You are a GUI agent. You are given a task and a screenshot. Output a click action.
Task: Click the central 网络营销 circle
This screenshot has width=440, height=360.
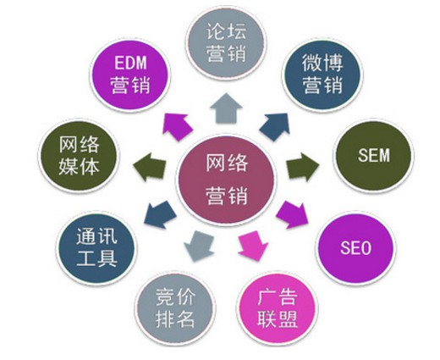click(226, 180)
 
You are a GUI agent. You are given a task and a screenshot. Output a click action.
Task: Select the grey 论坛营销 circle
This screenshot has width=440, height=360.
click(226, 44)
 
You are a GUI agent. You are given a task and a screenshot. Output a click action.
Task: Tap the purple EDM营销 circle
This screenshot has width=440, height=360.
click(130, 75)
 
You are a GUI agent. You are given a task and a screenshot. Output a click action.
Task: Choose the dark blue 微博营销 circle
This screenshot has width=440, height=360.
click(322, 75)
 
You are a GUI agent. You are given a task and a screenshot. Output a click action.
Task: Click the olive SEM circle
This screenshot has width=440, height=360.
click(374, 156)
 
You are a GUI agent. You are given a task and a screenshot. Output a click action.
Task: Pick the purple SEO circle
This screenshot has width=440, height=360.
click(355, 248)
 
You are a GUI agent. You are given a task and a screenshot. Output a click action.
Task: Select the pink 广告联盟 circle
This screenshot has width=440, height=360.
click(278, 312)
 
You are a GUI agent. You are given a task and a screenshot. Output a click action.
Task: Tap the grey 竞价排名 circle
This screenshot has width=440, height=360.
click(175, 312)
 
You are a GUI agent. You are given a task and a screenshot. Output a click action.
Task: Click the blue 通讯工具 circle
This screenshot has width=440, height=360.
click(96, 248)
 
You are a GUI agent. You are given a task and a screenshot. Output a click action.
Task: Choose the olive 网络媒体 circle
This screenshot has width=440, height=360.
click(79, 156)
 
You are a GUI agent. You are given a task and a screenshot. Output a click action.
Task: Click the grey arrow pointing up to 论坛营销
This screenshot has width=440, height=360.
click(226, 108)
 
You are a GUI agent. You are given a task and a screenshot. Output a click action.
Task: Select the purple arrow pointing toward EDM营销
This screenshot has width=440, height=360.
click(177, 126)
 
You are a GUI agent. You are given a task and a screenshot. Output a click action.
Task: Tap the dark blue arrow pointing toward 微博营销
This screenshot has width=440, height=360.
click(275, 126)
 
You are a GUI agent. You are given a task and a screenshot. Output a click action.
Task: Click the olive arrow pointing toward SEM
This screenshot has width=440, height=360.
click(303, 167)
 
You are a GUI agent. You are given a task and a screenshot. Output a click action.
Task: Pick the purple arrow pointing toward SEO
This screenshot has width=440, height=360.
click(293, 215)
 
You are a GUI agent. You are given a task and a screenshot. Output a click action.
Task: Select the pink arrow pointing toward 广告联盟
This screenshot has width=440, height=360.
click(253, 246)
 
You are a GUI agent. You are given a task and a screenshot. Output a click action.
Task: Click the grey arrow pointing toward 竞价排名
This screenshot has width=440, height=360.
click(199, 246)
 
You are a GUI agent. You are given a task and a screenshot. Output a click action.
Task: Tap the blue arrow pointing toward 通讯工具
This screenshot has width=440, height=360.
click(160, 215)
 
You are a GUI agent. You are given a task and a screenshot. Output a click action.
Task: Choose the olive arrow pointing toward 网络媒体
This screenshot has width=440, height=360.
click(149, 167)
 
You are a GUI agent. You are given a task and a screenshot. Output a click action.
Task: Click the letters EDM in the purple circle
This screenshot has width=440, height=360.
click(130, 63)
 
